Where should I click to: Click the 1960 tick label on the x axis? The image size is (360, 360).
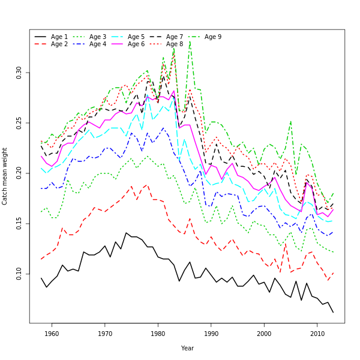pyautogui.click(x=52, y=334)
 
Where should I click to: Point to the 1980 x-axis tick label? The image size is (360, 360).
pyautogui.click(x=158, y=334)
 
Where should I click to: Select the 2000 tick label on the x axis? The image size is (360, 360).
pyautogui.click(x=265, y=334)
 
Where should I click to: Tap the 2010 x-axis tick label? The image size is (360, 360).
pyautogui.click(x=317, y=334)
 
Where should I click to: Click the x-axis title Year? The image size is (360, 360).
pyautogui.click(x=187, y=348)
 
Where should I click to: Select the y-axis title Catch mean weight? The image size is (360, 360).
pyautogui.click(x=5, y=176)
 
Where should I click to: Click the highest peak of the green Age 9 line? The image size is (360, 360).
pyautogui.click(x=190, y=41)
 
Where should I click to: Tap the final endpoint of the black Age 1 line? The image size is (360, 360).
pyautogui.click(x=333, y=312)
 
